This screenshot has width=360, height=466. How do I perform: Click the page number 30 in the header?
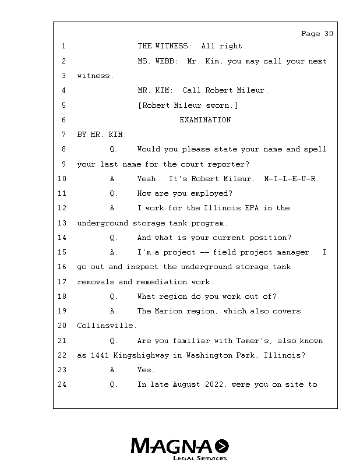point(329,34)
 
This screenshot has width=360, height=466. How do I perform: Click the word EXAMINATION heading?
point(205,120)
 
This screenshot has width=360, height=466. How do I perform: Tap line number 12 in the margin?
point(62,208)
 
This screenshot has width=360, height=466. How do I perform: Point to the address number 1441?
point(100,355)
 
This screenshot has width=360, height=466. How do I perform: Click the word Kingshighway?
point(140,355)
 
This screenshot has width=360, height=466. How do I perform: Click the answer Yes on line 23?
point(146,370)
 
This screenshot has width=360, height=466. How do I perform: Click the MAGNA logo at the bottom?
point(179,446)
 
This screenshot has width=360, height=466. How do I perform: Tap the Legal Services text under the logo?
point(200,458)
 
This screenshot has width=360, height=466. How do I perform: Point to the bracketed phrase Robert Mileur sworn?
point(188,105)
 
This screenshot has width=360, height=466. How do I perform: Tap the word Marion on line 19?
point(168,311)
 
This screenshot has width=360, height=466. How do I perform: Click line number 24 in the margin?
point(62,384)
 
